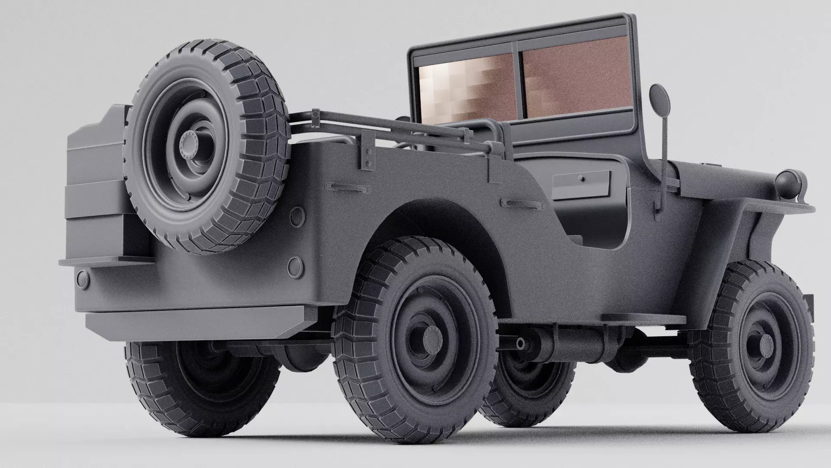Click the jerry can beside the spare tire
coord(97,186)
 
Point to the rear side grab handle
coord(349,187)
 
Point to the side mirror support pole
coord(662,160)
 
